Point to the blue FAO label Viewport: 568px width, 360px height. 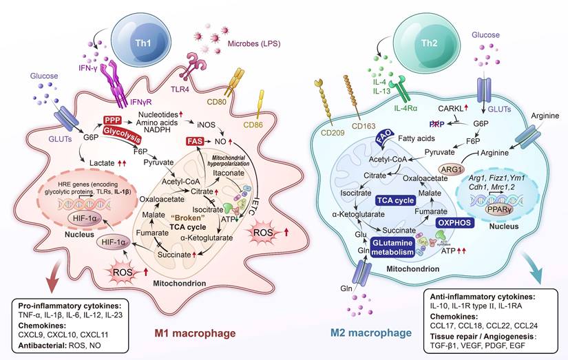click(x=384, y=142)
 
